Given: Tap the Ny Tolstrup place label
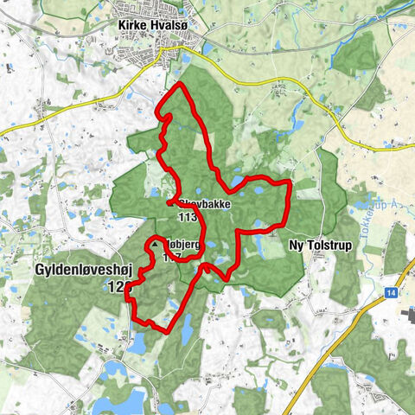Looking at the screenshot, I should [x=318, y=246].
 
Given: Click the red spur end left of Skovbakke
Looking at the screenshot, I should [x=168, y=203].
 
